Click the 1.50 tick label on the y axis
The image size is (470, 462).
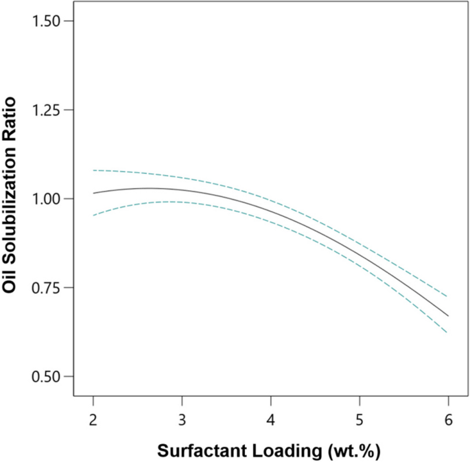43,21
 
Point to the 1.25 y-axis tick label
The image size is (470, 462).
43,110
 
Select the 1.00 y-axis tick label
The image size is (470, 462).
43,199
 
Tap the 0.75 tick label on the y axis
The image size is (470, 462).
43,288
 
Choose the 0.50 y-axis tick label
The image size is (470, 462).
43,377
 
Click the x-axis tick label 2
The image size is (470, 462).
93,419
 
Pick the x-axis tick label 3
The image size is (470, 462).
182,419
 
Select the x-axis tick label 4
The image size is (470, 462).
271,419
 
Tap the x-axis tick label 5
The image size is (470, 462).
360,419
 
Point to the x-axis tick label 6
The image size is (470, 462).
448,419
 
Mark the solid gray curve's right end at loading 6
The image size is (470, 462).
448,316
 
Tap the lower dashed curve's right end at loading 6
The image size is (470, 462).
448,332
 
